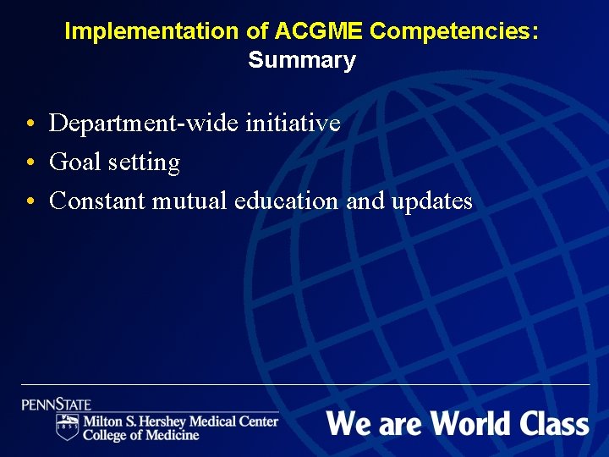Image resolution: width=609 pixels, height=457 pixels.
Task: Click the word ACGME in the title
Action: [316, 31]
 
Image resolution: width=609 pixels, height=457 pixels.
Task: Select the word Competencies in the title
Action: [453, 31]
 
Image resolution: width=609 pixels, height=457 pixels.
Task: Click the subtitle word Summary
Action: [302, 61]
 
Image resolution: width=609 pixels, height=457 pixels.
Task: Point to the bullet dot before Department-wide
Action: [30, 124]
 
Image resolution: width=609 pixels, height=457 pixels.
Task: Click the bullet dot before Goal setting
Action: [30, 163]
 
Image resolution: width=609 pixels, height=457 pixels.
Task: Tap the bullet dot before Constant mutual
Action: [30, 202]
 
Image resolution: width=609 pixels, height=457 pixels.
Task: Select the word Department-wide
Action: [144, 124]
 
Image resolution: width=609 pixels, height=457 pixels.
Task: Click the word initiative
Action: [293, 124]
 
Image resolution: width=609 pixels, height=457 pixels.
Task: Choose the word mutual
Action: [190, 201]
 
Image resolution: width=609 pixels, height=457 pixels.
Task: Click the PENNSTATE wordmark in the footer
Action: [57, 405]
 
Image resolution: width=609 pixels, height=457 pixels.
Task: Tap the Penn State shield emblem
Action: [68, 427]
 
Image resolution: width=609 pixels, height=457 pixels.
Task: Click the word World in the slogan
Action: [469, 422]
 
